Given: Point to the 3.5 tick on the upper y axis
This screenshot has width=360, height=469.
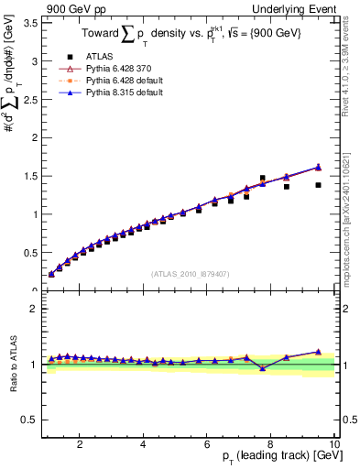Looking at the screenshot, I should coord(32,23).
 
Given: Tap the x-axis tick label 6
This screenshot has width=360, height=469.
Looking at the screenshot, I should coord(207,443).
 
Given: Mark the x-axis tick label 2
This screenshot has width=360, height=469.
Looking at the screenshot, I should coord(81,443).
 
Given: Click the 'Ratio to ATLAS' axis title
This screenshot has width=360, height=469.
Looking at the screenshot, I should coord(12,364).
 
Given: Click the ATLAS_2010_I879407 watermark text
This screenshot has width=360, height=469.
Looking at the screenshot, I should coord(190,273).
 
